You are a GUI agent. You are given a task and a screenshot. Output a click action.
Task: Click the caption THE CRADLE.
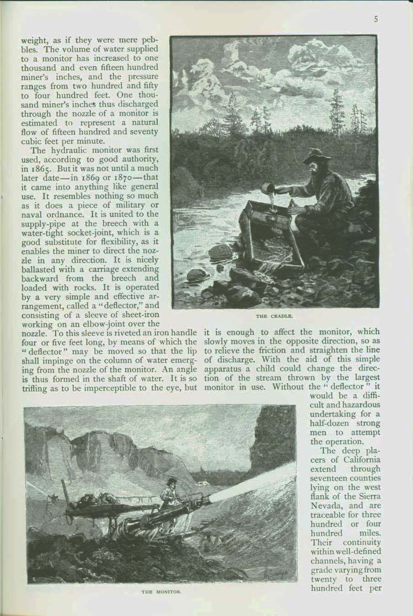(274, 316)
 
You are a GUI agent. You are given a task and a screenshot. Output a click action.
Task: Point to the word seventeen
(328, 478)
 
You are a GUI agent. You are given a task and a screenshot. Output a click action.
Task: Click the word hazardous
(359, 405)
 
